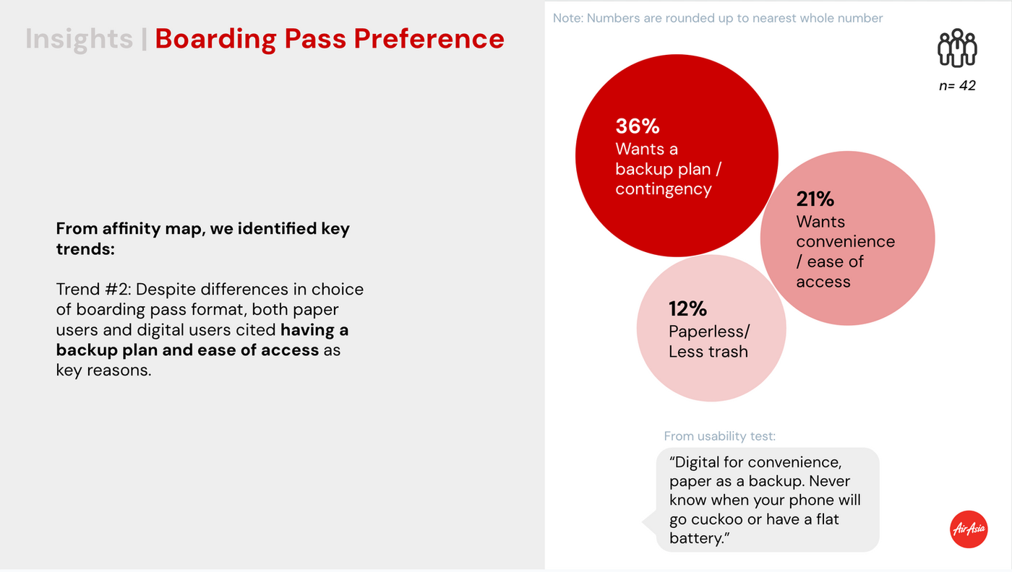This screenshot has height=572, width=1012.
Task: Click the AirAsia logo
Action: click(969, 529)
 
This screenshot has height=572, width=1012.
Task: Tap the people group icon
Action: click(957, 48)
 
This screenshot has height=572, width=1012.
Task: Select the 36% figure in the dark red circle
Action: click(638, 126)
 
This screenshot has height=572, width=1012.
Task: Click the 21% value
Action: click(815, 199)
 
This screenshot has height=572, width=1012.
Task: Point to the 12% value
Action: click(687, 309)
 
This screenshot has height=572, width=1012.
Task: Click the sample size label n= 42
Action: click(957, 85)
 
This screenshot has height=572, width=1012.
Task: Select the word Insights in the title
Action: click(79, 38)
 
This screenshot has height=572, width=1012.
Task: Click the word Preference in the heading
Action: click(429, 38)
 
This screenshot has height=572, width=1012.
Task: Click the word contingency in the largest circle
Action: click(664, 189)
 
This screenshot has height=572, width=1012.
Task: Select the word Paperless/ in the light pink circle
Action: click(709, 331)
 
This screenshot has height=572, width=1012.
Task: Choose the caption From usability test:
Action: click(720, 436)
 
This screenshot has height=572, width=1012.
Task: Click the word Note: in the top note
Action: click(568, 18)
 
